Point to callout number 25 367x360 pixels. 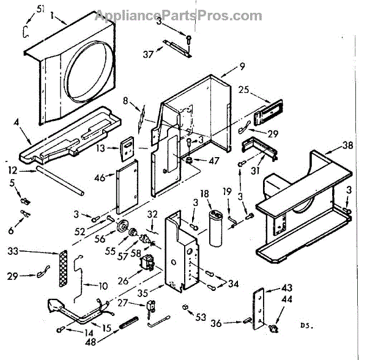pyautogui.click(x=244, y=90)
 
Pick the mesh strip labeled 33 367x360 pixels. pyautogui.click(x=61, y=270)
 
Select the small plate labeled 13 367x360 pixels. pyautogui.click(x=128, y=146)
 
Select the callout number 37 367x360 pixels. pyautogui.click(x=147, y=54)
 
